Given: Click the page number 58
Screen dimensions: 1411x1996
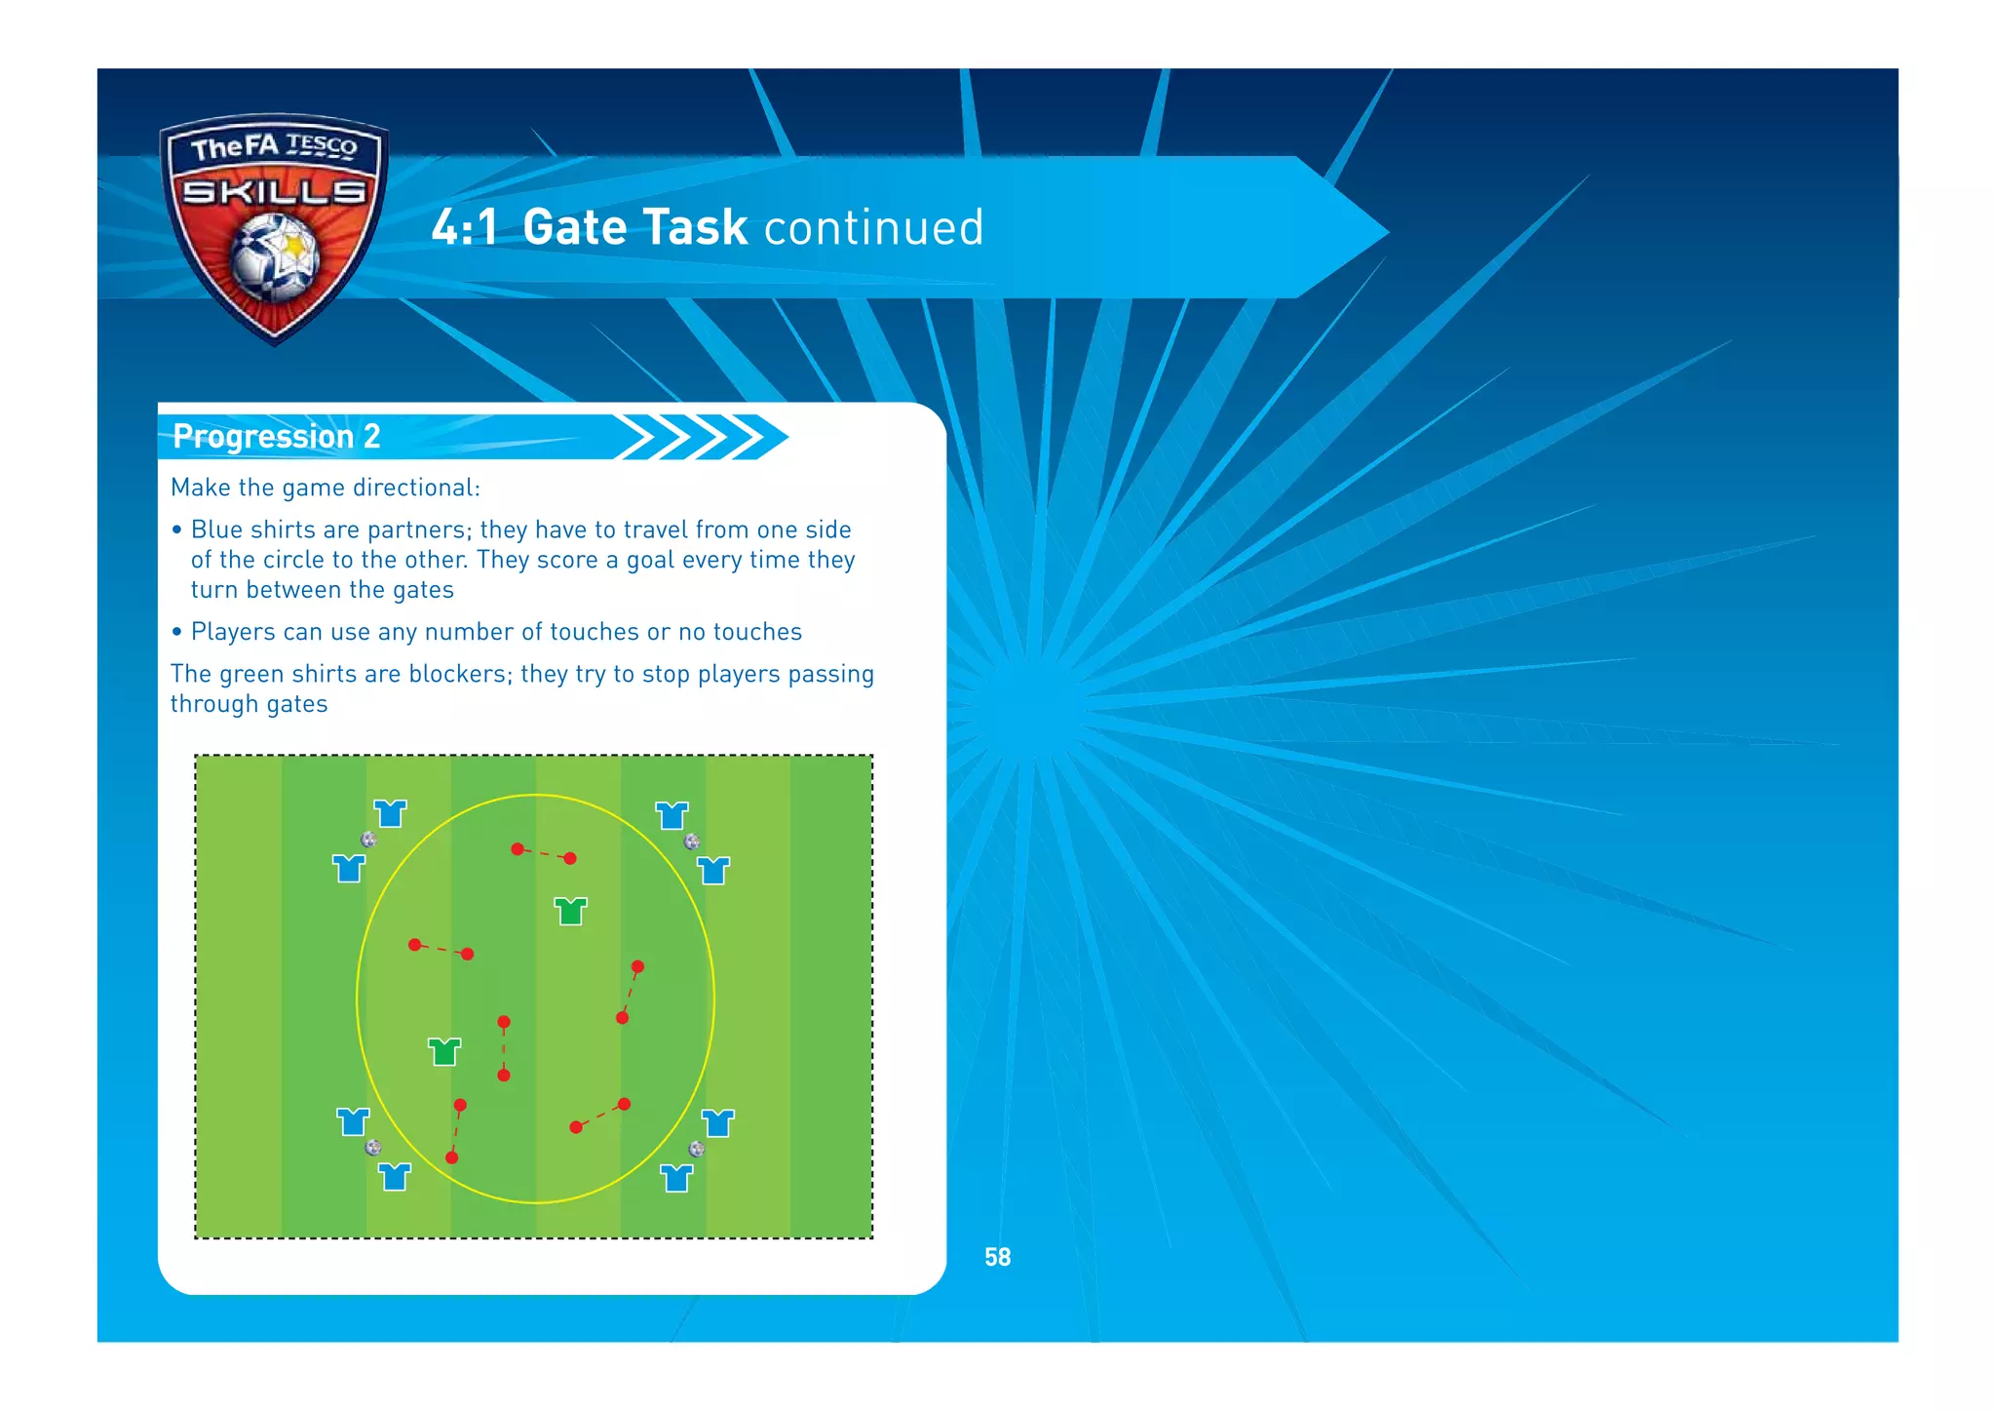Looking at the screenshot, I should (997, 1257).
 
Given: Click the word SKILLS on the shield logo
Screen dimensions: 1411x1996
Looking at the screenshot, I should (275, 191).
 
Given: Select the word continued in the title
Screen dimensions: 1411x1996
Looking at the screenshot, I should (873, 227).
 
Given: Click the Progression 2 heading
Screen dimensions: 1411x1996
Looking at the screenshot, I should (276, 436).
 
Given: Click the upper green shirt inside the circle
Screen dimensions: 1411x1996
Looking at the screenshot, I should (570, 911).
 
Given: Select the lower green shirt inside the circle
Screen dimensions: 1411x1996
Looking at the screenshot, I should (444, 1051).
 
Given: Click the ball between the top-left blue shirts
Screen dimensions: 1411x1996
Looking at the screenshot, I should (368, 840).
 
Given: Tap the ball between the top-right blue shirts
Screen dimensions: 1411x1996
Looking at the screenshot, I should (691, 841).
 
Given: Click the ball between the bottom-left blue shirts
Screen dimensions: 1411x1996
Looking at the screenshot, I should (372, 1148).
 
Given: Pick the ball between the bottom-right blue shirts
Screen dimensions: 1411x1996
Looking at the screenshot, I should (696, 1149).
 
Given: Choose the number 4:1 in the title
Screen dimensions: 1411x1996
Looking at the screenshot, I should (464, 227).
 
